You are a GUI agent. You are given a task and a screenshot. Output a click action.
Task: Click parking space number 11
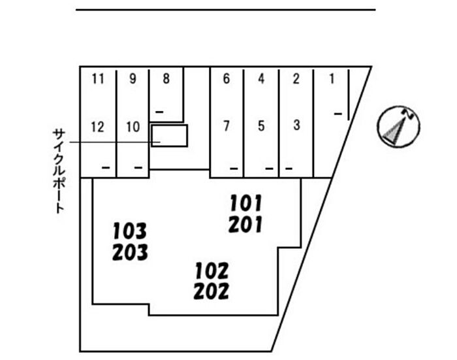coord(98,79)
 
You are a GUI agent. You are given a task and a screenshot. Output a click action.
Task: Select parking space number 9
coord(133,79)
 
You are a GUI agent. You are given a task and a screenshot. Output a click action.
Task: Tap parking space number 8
coord(166,79)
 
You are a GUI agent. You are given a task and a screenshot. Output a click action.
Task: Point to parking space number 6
coord(227,79)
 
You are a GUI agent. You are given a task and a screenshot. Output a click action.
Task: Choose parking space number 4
coord(261,79)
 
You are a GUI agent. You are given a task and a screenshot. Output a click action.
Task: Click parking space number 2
coord(296,79)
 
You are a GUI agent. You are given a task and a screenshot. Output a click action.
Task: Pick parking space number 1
coord(332,79)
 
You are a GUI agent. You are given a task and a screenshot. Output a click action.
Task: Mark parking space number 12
coord(98,127)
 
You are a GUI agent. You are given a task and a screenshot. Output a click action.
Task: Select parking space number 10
coord(133,127)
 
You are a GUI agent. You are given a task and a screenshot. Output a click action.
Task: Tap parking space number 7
coord(227,125)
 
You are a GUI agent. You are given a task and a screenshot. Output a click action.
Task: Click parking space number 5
coord(261,125)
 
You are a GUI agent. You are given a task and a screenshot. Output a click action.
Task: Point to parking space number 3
coord(296,125)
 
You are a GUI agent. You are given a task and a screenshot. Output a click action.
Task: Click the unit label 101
coord(245,203)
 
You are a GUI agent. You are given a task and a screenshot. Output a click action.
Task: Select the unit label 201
coord(245,224)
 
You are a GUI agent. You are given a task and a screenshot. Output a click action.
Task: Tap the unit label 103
coord(130,231)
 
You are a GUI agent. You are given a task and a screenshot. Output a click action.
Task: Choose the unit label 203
coord(130,252)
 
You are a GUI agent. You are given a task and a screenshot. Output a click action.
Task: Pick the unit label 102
coord(212,270)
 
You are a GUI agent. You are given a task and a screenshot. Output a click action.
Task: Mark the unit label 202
coord(212,291)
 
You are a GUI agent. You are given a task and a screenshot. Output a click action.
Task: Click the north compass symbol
coord(398,127)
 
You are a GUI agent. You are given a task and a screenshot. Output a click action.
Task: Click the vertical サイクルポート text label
coord(59,171)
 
